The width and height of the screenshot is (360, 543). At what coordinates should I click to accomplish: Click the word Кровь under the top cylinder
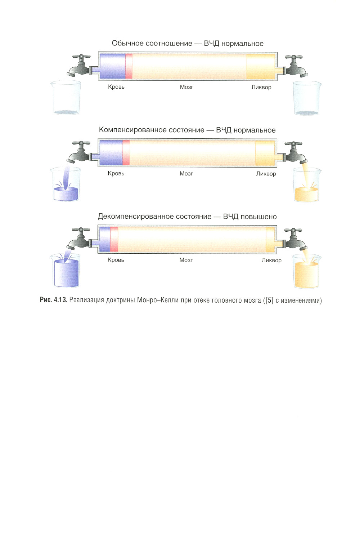116,87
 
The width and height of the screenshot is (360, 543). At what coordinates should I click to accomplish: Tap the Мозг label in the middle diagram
186,174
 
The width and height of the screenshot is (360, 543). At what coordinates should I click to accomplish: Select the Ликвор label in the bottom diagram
271,261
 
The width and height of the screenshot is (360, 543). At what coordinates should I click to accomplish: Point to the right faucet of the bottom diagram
295,239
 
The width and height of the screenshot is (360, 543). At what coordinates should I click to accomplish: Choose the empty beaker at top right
307,98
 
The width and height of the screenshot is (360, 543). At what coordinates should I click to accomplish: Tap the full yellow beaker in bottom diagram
306,271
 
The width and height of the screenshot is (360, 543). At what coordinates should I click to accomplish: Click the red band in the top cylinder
129,66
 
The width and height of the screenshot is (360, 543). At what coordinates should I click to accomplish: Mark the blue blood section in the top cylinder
113,66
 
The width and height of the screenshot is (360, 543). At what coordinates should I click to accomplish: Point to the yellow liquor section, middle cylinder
265,153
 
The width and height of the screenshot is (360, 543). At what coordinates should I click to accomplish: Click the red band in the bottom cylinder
114,239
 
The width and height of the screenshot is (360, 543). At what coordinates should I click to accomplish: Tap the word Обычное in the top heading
127,43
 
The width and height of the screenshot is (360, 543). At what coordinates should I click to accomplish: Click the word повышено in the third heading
258,217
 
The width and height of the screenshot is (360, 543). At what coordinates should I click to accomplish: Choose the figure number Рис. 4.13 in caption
54,300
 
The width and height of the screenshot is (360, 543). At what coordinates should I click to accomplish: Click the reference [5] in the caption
269,301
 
